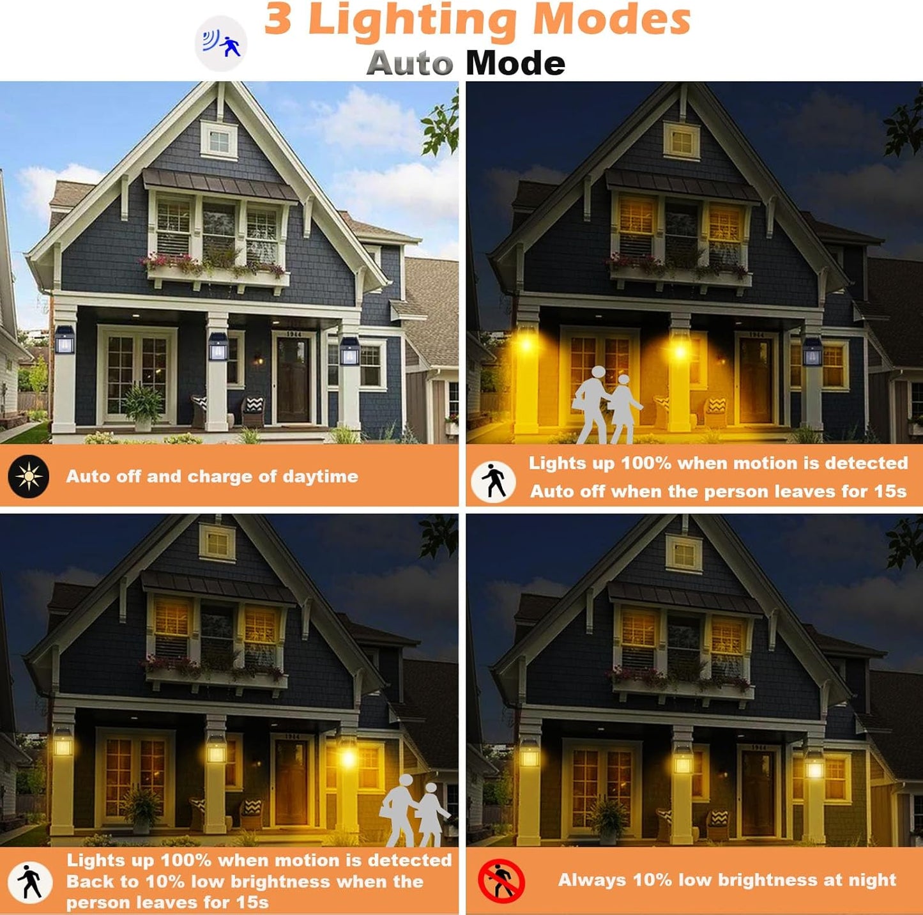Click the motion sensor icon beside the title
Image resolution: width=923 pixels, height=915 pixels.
[x=221, y=43]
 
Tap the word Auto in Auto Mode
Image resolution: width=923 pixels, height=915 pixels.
[x=409, y=64]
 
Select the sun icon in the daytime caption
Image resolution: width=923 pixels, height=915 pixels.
[x=29, y=476]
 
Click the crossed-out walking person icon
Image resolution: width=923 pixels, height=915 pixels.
[x=501, y=881]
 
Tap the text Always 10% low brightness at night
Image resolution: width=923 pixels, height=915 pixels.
[x=727, y=880]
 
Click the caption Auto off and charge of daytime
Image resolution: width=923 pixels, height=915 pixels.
[x=212, y=477]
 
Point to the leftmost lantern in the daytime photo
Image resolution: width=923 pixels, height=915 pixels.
[x=65, y=340]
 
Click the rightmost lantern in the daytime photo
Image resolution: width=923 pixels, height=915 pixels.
[x=349, y=351]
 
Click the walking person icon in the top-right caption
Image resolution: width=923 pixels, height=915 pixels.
[x=493, y=481]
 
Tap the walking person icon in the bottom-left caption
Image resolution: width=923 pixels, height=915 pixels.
[x=29, y=882]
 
